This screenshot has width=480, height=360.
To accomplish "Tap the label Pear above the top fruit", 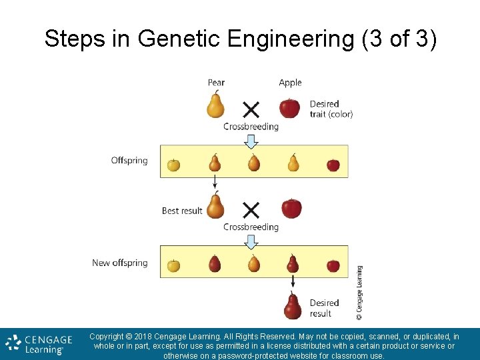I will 216,83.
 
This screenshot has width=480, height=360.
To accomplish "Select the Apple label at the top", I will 290,83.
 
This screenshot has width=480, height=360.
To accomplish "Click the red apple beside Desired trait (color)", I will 289,107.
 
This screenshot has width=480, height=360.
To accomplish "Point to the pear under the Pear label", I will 215,105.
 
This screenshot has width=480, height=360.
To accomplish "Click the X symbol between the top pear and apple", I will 251,109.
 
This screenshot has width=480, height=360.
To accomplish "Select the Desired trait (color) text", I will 331,109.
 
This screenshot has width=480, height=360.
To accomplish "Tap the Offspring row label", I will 129,161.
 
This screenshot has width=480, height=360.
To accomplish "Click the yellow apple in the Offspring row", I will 173,165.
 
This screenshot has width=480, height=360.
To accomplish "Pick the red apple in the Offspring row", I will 333,165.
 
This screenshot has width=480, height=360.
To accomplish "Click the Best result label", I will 182,211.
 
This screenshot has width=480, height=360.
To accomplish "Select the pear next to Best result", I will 215,206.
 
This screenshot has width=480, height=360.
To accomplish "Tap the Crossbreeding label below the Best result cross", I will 251,227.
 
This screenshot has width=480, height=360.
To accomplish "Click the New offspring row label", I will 120,263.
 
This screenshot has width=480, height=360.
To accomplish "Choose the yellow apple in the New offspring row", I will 173,265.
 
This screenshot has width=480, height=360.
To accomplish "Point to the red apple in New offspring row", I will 333,266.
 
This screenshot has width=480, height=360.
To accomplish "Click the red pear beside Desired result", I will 292,307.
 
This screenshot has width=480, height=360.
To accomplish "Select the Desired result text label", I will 325,308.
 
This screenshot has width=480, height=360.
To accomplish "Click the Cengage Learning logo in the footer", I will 35,344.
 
